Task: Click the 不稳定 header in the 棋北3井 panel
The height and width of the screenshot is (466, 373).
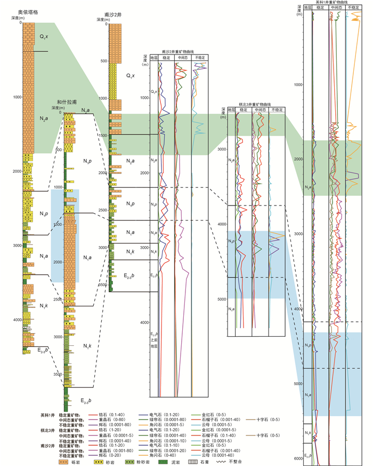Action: [x=276, y=109]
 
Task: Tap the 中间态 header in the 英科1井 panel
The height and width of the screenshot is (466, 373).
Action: [x=336, y=7]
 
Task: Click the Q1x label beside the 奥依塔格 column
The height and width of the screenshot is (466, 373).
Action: [x=44, y=36]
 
